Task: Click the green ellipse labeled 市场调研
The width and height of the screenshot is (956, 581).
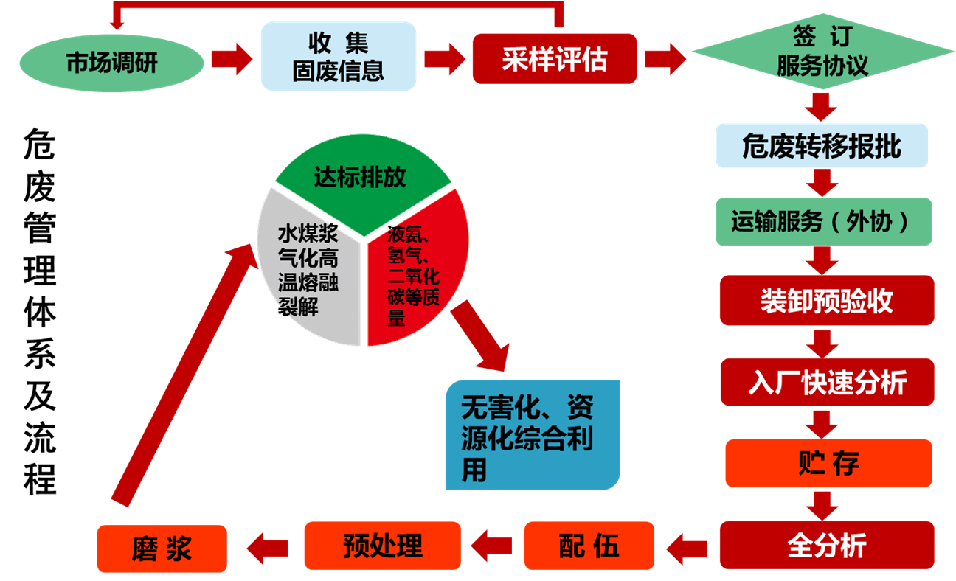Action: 111,63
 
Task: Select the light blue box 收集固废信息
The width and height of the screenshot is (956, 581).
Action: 339,57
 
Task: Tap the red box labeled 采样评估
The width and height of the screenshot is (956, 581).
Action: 554,59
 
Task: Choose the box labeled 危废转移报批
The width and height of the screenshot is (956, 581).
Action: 822,146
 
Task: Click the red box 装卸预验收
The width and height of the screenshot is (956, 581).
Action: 826,301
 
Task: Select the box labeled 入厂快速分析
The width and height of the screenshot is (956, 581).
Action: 826,382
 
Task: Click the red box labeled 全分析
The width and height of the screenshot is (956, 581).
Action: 826,546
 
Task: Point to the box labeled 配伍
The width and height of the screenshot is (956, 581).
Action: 589,546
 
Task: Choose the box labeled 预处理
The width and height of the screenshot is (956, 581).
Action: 382,546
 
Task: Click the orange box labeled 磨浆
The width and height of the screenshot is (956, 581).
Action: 162,549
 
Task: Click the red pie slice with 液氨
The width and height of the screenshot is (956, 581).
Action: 417,273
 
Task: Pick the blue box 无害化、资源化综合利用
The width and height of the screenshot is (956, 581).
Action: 532,436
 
